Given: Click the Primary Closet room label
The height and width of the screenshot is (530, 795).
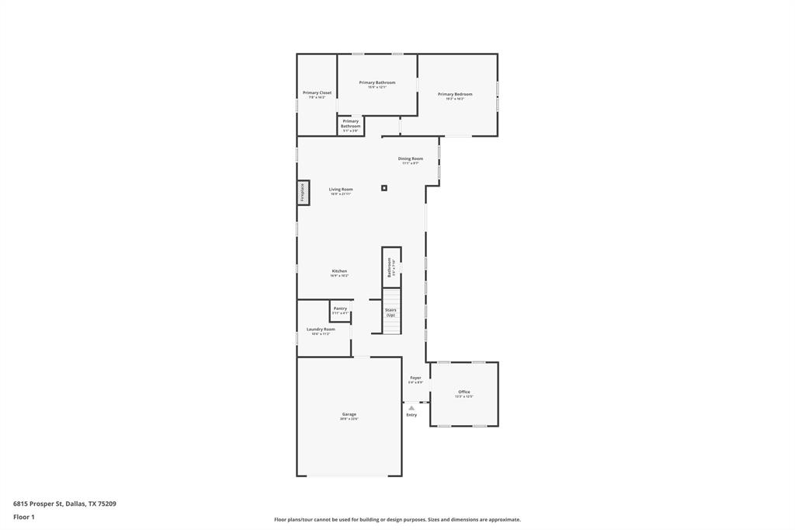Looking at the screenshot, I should pos(317,93).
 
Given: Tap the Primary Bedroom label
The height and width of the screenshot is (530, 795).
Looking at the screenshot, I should pos(455,95).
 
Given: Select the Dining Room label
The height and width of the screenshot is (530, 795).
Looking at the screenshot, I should pos(411,159).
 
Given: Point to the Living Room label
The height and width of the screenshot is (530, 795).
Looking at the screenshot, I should pos(341,190).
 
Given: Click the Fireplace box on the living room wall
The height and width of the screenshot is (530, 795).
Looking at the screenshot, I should pos(303,193).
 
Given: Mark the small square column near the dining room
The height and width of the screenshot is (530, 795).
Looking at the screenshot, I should pos(384,187).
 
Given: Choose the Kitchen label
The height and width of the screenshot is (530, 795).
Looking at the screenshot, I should pos(339,271).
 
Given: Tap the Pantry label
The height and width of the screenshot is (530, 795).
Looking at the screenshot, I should pos(340,309).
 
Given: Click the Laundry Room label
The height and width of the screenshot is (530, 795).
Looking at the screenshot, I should pos(321,330).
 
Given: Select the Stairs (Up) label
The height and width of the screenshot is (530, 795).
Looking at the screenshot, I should pos(391,312).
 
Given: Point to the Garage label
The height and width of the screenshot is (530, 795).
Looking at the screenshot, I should pos(349,414).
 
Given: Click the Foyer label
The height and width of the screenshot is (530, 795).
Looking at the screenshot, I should pos(415,378).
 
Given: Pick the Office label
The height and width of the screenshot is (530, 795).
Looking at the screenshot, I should pos(464,392).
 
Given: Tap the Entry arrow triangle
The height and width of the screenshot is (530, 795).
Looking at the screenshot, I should pos(411,407).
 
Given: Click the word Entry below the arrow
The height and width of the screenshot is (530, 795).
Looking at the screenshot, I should pos(411,415).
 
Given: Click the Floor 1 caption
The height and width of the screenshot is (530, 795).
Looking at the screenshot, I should pos(24,517).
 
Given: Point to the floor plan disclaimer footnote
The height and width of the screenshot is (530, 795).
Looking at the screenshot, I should pos(397,520).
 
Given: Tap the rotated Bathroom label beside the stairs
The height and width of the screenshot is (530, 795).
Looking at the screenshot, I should pos(391,267).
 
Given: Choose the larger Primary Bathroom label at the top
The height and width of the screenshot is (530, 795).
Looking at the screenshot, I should pos(377,83).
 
